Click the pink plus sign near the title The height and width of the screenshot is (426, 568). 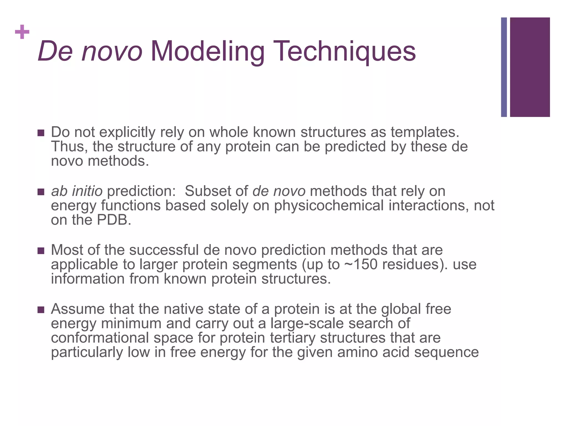[22, 32]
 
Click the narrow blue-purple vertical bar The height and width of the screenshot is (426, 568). [504, 67]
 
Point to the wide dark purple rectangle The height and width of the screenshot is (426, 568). [530, 67]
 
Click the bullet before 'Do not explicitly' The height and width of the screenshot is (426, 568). [41, 133]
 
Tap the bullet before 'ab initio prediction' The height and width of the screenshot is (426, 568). [41, 192]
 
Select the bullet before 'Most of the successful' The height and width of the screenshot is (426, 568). [41, 251]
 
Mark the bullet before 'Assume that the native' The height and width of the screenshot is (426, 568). [41, 310]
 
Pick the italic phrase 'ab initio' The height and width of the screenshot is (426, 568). [77, 191]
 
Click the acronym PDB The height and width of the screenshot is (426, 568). [113, 220]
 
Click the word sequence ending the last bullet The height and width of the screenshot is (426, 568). [446, 353]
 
